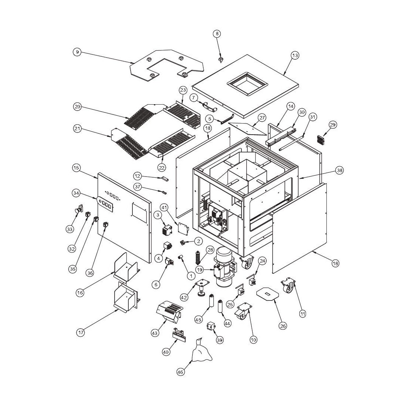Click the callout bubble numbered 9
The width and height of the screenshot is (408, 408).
[77, 52]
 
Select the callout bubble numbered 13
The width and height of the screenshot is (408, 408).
[295, 55]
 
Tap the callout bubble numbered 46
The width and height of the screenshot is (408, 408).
[181, 372]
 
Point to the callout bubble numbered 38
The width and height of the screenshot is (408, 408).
[339, 170]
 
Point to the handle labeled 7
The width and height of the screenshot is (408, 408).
[210, 106]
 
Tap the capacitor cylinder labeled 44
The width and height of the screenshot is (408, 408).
[220, 306]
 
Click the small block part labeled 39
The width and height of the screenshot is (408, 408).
[211, 326]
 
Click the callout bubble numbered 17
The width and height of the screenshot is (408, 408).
[81, 332]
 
